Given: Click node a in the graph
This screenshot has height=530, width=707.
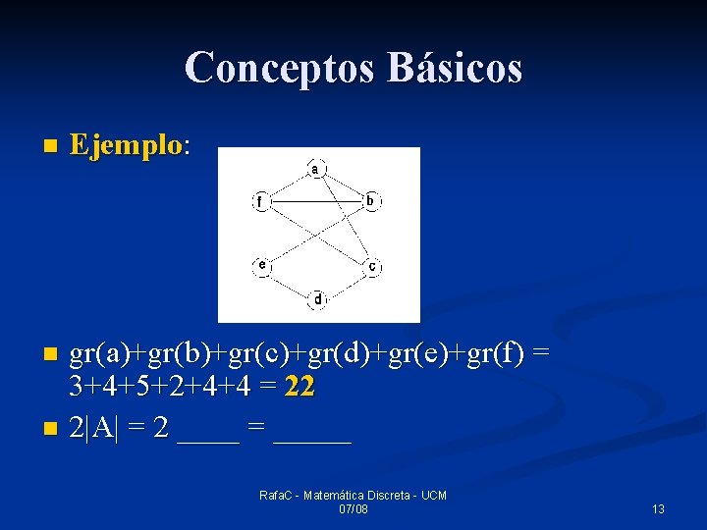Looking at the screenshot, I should click(315, 168).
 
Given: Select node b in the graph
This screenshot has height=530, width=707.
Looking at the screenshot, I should click(369, 201).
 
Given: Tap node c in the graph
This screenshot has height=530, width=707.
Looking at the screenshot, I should click(372, 266).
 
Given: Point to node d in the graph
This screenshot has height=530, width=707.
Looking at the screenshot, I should click(317, 298).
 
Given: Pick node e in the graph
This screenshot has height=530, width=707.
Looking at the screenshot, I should click(261, 265).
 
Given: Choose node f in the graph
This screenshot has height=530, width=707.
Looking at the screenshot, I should click(260, 202).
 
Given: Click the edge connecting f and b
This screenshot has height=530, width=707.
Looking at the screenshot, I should click(314, 201).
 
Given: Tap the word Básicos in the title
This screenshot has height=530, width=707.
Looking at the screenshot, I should click(455, 68).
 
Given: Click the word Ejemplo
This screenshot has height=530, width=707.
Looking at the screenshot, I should click(126, 146).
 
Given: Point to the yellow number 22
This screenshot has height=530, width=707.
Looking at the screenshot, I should click(298, 388).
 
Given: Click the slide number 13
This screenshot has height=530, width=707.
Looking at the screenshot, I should click(658, 508).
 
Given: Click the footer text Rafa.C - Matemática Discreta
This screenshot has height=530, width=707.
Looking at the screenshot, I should click(353, 496).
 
